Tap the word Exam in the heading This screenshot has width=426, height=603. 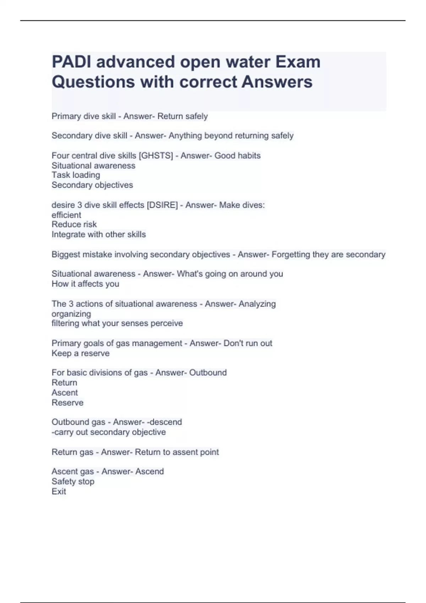coord(298,62)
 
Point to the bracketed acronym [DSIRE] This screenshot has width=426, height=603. coord(162,205)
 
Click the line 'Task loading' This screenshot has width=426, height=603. coord(76,175)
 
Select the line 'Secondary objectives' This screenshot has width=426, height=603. coord(92,185)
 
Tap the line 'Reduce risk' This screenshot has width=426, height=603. coord(74,224)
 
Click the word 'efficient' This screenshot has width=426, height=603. coord(66,215)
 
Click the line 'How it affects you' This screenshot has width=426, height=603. coord(85,284)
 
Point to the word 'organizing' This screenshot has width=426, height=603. coord(71,314)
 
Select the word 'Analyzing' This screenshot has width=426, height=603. coord(257,304)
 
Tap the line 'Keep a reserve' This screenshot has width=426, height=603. coord(81,353)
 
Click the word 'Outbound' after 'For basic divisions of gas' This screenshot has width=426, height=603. coord(208,373)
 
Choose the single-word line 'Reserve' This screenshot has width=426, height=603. coord(67,403)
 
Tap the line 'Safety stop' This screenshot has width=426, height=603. coord(73,481)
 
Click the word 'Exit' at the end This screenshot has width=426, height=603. coord(59,491)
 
